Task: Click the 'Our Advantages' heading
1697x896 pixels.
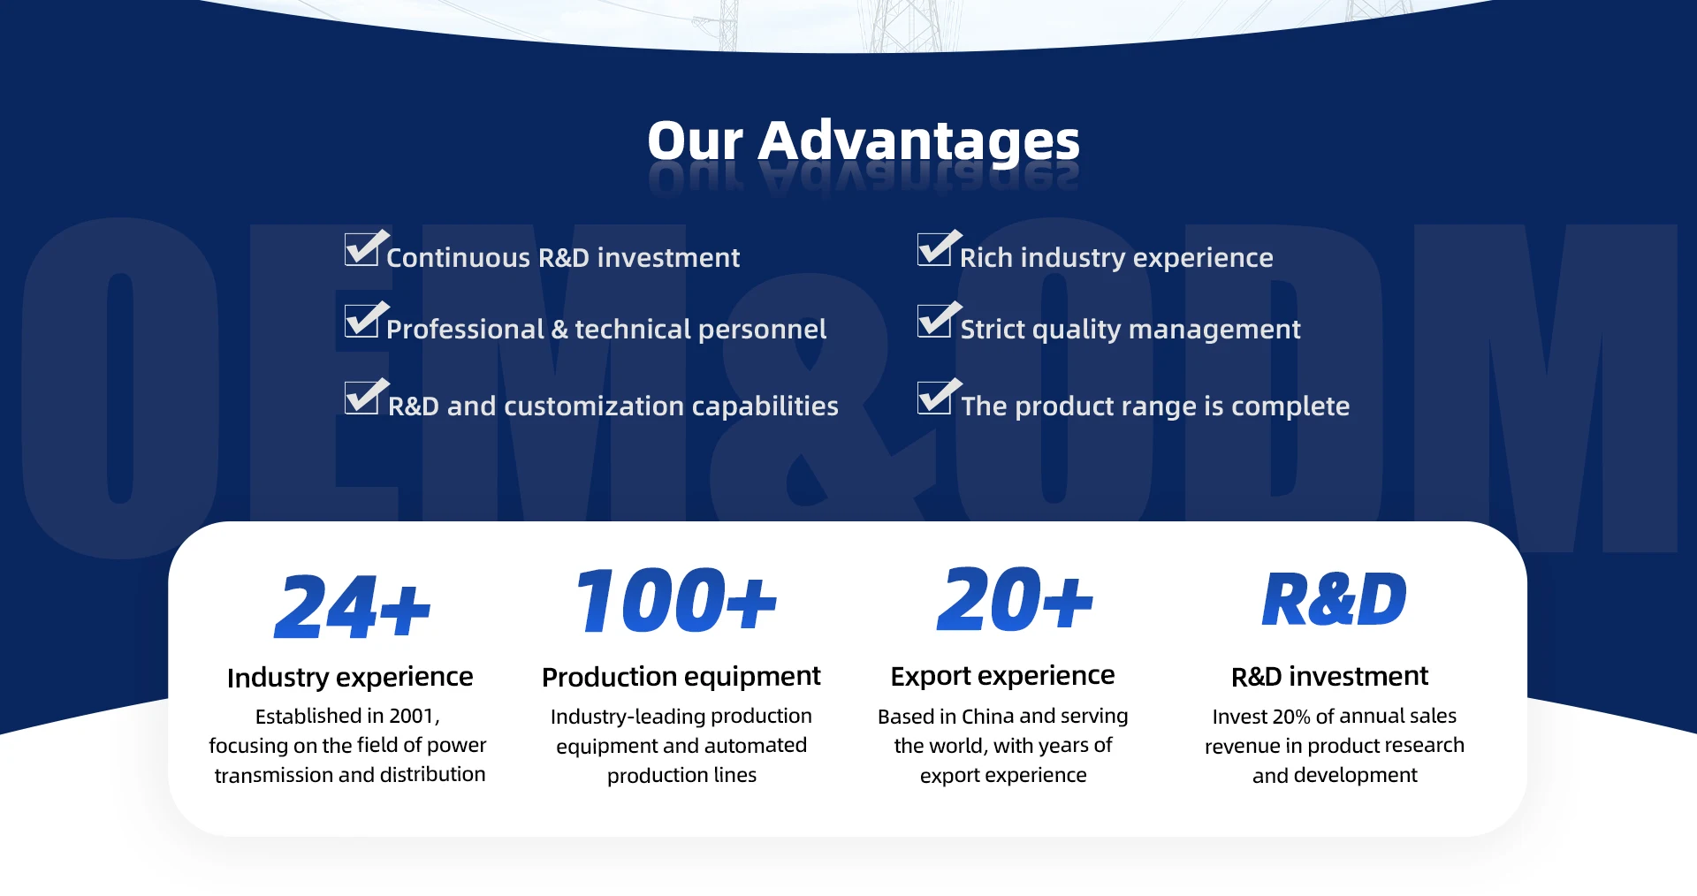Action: click(x=864, y=140)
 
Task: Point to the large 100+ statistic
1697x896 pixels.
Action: click(x=676, y=601)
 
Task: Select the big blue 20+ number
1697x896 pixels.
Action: click(x=1015, y=600)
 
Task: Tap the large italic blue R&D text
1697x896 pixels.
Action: click(x=1334, y=600)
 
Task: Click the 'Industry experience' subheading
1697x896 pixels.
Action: click(x=350, y=678)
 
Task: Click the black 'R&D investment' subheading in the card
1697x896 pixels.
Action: click(x=1329, y=677)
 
